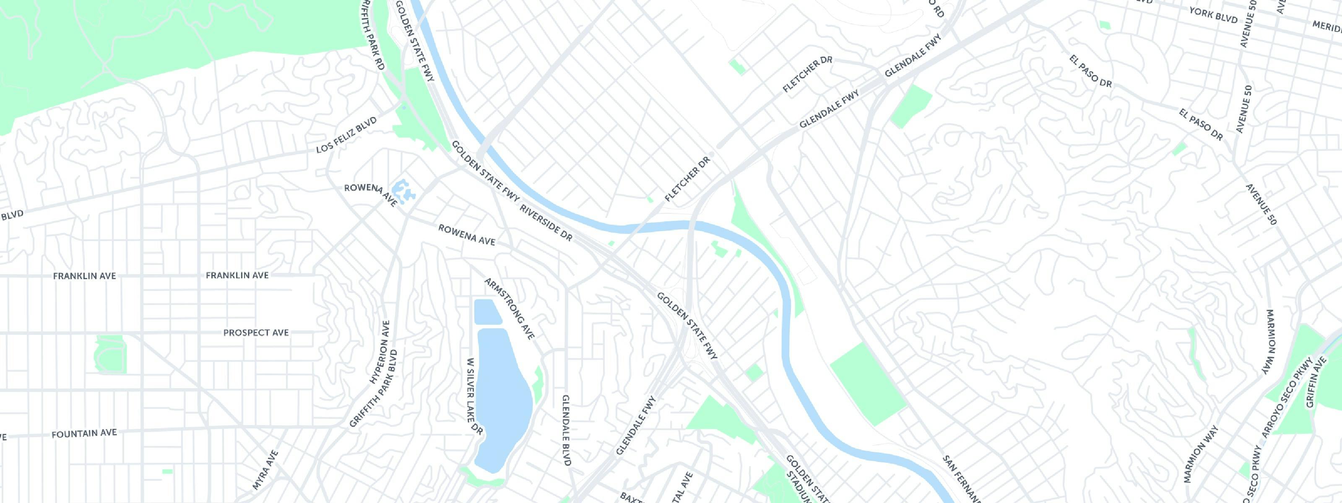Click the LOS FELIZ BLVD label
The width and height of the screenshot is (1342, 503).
pos(346,135)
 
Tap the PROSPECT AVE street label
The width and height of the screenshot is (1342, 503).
pos(256,333)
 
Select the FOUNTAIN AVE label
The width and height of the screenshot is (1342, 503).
pos(84,433)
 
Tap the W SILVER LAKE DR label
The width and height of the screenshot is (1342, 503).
pos(476,396)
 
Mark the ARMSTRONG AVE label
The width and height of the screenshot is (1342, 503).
pos(510,309)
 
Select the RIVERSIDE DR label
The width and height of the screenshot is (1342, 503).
pos(546,223)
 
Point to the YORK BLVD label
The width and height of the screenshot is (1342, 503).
pos(1213,15)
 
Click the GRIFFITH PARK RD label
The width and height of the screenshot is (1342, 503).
pos(372,35)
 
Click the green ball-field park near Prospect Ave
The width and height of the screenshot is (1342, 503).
pos(110,354)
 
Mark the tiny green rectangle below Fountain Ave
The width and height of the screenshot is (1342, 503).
pos(167,471)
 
